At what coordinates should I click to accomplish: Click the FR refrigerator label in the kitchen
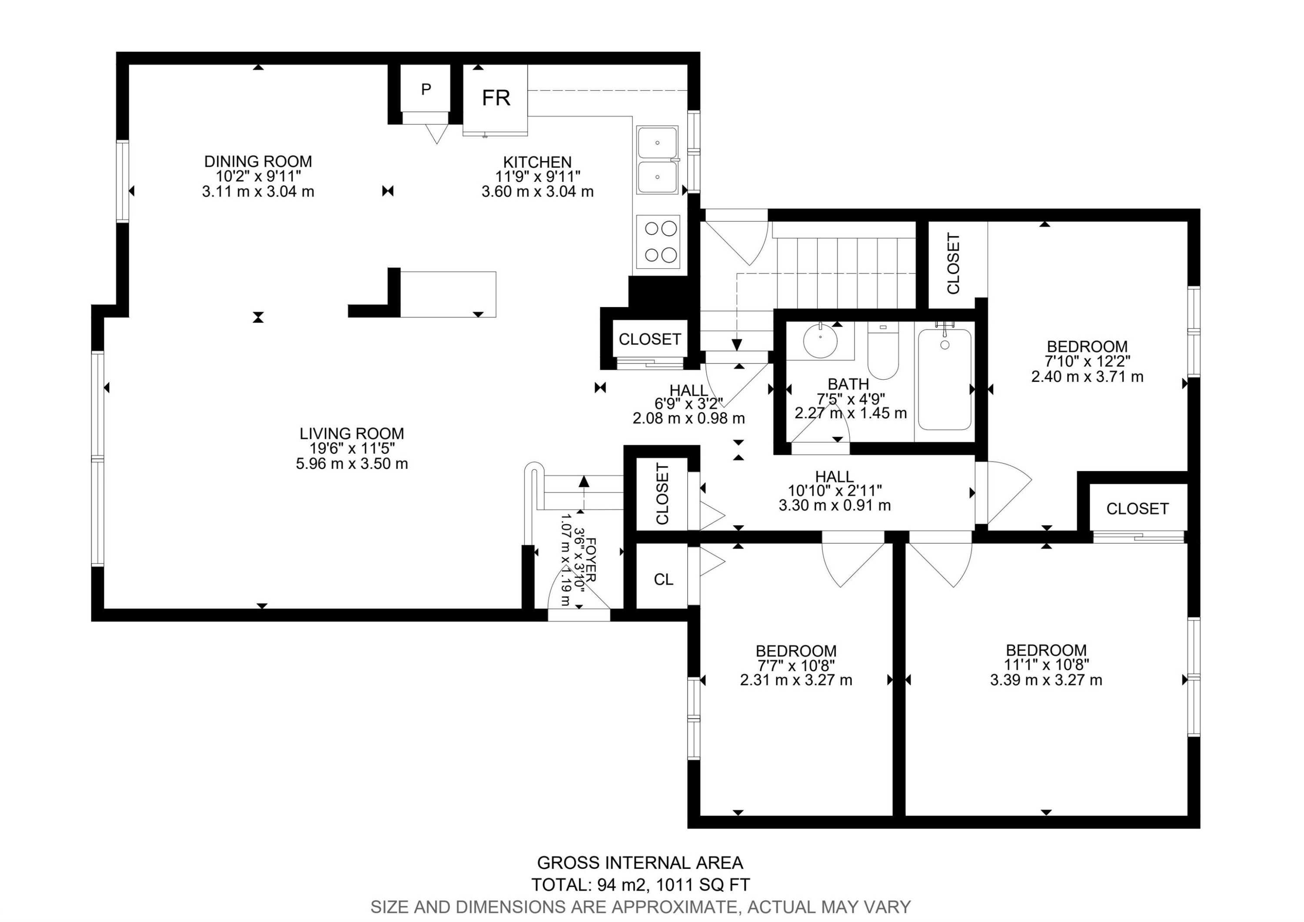pyautogui.click(x=496, y=98)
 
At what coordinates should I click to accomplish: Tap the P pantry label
pyautogui.click(x=426, y=89)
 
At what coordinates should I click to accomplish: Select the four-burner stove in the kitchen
pyautogui.click(x=658, y=242)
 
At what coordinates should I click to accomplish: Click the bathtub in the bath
pyautogui.click(x=945, y=379)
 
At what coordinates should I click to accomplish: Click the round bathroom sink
pyautogui.click(x=821, y=340)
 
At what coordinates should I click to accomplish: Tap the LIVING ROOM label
pyautogui.click(x=352, y=434)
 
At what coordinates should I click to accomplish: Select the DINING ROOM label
pyautogui.click(x=259, y=161)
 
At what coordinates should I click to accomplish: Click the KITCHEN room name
pyautogui.click(x=537, y=162)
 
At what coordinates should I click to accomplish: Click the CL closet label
pyautogui.click(x=663, y=579)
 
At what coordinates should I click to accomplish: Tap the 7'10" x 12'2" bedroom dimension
pyautogui.click(x=1087, y=361)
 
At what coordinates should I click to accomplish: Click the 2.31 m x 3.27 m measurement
pyautogui.click(x=796, y=680)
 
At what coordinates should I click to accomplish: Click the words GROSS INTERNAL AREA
pyautogui.click(x=640, y=863)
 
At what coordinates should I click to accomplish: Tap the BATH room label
pyautogui.click(x=848, y=384)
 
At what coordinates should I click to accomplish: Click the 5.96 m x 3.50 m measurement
pyautogui.click(x=352, y=464)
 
